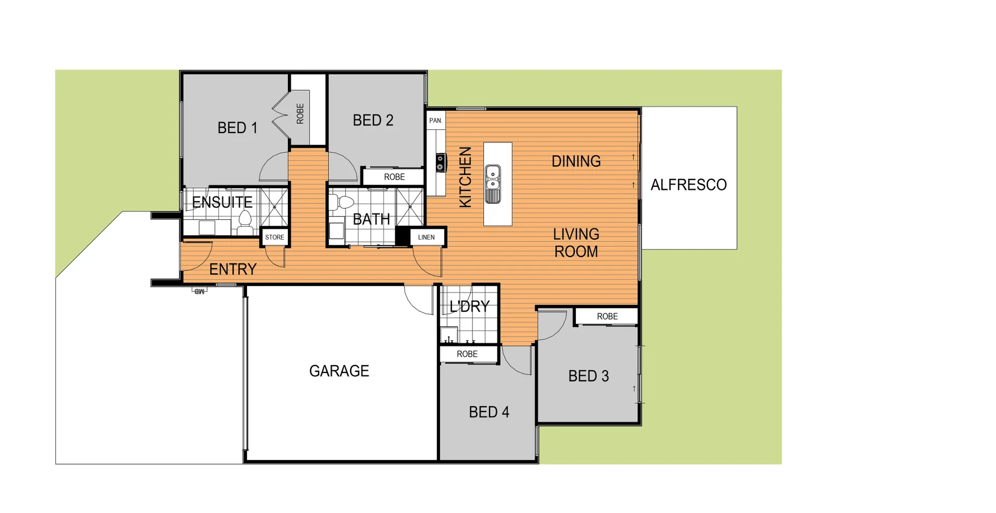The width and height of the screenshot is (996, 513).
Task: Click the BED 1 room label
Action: [237, 128]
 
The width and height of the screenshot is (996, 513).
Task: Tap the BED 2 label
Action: [373, 120]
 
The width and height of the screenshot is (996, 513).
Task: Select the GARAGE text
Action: [339, 371]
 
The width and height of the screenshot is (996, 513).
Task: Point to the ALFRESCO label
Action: [688, 185]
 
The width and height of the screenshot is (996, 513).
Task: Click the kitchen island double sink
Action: [493, 184]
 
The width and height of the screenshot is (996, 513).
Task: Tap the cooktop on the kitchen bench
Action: [440, 162]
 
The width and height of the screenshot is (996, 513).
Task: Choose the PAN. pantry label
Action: [436, 120]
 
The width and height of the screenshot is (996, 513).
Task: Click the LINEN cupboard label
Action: [426, 237]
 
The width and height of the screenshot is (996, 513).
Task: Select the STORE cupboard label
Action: [274, 237]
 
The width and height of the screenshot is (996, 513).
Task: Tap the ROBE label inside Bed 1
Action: [300, 114]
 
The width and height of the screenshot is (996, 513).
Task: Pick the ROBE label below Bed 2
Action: [394, 177]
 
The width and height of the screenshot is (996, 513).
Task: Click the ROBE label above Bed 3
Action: [607, 316]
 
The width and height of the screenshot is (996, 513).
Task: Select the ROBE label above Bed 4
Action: [467, 354]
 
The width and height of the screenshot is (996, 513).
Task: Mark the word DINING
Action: [576, 161]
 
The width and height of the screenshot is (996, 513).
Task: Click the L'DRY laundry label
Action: [469, 307]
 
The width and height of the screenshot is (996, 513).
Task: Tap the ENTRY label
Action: [233, 269]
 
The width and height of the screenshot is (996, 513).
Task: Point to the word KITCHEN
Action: [465, 177]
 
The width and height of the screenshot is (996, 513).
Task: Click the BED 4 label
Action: [489, 412]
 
